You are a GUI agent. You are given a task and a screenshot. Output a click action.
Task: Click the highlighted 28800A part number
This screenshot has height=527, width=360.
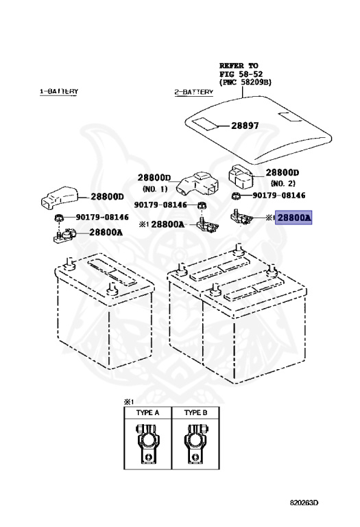point(293,218)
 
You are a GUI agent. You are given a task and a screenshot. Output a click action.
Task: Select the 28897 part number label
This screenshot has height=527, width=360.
point(245,126)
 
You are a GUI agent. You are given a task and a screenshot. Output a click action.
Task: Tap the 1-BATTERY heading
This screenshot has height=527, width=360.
point(59,91)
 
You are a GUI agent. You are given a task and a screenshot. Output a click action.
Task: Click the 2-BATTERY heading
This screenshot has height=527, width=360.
point(194,92)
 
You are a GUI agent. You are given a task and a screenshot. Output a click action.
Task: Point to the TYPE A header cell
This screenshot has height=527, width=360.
point(147,412)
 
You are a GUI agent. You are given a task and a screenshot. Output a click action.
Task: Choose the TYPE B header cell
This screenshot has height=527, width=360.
point(195,412)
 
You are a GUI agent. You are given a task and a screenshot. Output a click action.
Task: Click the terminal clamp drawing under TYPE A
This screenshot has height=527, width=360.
point(147,443)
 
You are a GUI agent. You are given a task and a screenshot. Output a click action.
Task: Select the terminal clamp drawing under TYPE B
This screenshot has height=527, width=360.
point(196,443)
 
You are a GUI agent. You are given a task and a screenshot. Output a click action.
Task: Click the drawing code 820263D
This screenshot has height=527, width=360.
point(304,503)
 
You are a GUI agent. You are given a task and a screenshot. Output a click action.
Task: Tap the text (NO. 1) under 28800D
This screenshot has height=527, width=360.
point(155,189)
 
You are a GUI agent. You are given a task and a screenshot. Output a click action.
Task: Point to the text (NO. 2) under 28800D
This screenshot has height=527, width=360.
point(283,183)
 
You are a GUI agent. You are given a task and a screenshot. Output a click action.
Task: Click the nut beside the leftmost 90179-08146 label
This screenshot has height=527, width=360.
point(59,218)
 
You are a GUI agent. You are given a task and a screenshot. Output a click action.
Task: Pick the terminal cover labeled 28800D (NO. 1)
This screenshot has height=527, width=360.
point(197,183)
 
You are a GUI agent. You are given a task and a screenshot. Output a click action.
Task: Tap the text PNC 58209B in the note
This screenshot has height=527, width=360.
point(245,82)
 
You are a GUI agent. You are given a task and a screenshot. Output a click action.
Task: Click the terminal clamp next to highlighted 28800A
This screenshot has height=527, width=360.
point(241,217)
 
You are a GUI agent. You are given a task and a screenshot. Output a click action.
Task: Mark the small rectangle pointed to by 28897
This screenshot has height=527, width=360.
point(206,124)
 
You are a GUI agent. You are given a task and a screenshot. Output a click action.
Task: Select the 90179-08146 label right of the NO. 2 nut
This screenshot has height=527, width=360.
point(278,196)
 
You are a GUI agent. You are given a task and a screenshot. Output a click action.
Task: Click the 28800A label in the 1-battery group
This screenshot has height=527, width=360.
point(106,232)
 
